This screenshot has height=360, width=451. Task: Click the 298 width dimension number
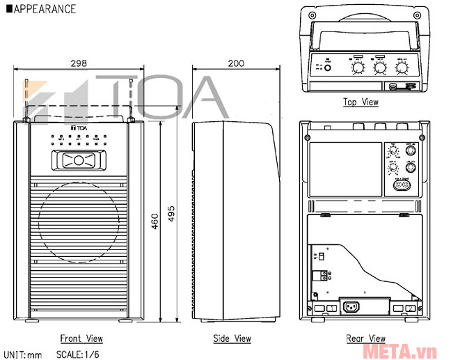[x=79, y=63]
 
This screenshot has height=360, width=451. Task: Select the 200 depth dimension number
[x=236, y=63]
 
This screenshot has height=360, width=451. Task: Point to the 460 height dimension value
[x=156, y=220]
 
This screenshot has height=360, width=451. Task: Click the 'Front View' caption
[x=81, y=338]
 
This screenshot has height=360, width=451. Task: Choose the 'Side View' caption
[x=232, y=338]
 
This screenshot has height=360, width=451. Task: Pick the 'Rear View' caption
[x=365, y=338]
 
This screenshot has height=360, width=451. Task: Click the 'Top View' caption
[x=361, y=102]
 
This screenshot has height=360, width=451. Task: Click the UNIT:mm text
[x=23, y=354]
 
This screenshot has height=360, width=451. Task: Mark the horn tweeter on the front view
[x=78, y=161]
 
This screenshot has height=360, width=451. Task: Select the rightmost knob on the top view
[x=402, y=68]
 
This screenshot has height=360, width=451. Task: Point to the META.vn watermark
[x=418, y=348]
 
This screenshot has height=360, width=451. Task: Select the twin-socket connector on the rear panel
[x=402, y=185]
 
